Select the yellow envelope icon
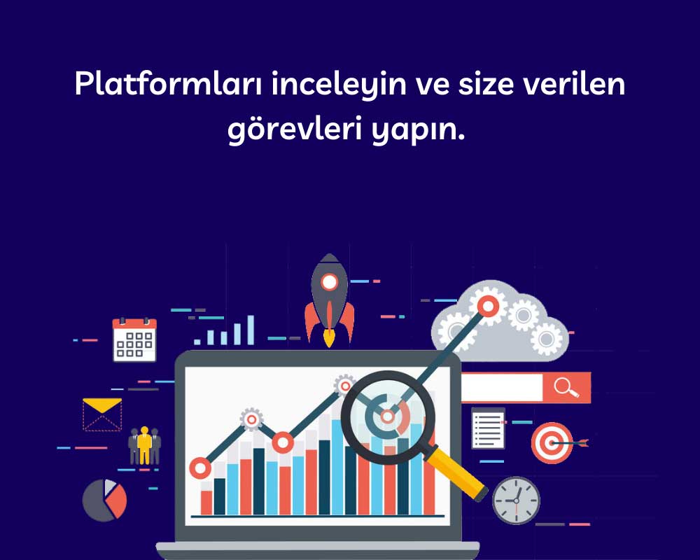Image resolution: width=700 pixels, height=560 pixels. click(x=102, y=414)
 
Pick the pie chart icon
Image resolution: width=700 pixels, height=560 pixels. click(x=104, y=500)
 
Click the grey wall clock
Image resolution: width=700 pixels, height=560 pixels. click(x=516, y=500)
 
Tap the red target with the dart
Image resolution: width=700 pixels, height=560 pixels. click(x=553, y=442)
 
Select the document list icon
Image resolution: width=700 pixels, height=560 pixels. click(x=488, y=428)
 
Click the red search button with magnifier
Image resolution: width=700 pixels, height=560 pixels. click(x=566, y=388)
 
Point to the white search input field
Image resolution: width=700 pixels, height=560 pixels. click(x=501, y=388)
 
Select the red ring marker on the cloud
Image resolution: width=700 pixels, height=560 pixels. click(x=487, y=305)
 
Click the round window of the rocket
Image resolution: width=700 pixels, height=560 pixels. click(x=329, y=282)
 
